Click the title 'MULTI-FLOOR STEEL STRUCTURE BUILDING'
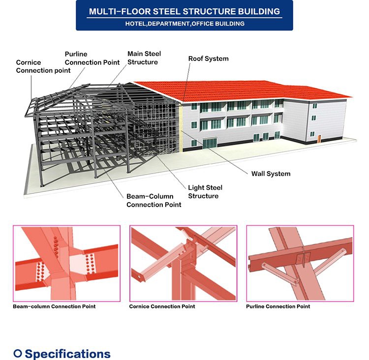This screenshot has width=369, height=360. tap(184, 11)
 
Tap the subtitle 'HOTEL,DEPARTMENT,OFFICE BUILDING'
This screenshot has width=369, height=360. tap(184, 24)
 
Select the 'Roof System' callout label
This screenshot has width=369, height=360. tap(208, 59)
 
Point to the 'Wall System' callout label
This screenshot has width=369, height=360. tap(271, 174)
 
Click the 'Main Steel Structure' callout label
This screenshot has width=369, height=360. tap(144, 58)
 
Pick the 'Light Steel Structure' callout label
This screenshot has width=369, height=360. tap(205, 192)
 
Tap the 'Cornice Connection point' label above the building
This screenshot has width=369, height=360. tap(43, 66)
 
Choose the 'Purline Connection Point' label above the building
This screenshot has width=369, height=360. tap(92, 58)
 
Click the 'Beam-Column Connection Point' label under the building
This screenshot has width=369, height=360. tap(154, 201)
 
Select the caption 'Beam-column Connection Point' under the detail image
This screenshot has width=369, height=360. tap(54, 306)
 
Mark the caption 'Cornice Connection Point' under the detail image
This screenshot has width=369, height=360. tap(162, 306)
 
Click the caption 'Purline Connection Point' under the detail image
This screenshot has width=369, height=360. tap(278, 306)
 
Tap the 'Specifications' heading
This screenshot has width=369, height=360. tap(67, 354)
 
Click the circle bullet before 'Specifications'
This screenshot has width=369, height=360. tap(18, 353)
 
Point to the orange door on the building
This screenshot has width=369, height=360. tap(319, 139)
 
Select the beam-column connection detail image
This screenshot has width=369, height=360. tap(66, 263)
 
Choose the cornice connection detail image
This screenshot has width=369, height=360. tap(184, 263)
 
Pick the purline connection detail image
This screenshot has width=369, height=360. tap(300, 263)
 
